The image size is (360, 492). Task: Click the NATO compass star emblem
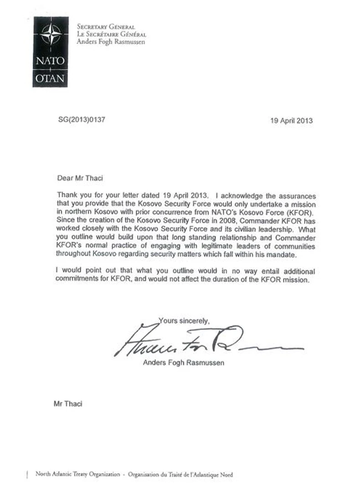tap(51, 34)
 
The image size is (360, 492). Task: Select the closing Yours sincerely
tap(184, 321)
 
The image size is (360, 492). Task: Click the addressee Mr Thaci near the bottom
tap(68, 404)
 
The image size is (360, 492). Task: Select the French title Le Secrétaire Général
tap(111, 34)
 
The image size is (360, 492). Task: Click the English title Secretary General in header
tap(106, 27)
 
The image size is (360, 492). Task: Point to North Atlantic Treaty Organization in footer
tap(78, 475)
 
